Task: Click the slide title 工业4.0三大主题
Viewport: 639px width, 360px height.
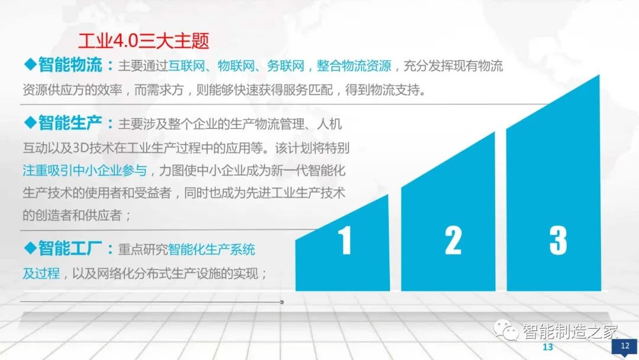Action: pyautogui.click(x=144, y=40)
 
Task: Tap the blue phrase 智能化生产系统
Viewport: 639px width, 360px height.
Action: pyautogui.click(x=212, y=249)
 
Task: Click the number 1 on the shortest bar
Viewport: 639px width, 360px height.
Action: pyautogui.click(x=344, y=242)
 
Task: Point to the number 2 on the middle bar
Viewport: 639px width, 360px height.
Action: pyautogui.click(x=453, y=240)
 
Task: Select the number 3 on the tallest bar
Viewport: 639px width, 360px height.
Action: pyautogui.click(x=557, y=240)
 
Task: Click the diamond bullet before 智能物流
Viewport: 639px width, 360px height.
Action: pyautogui.click(x=30, y=64)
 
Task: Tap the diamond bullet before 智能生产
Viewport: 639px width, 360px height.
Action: pyautogui.click(x=30, y=123)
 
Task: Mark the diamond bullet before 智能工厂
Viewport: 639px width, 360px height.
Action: pyautogui.click(x=30, y=248)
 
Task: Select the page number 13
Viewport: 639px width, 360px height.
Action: pyautogui.click(x=547, y=347)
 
